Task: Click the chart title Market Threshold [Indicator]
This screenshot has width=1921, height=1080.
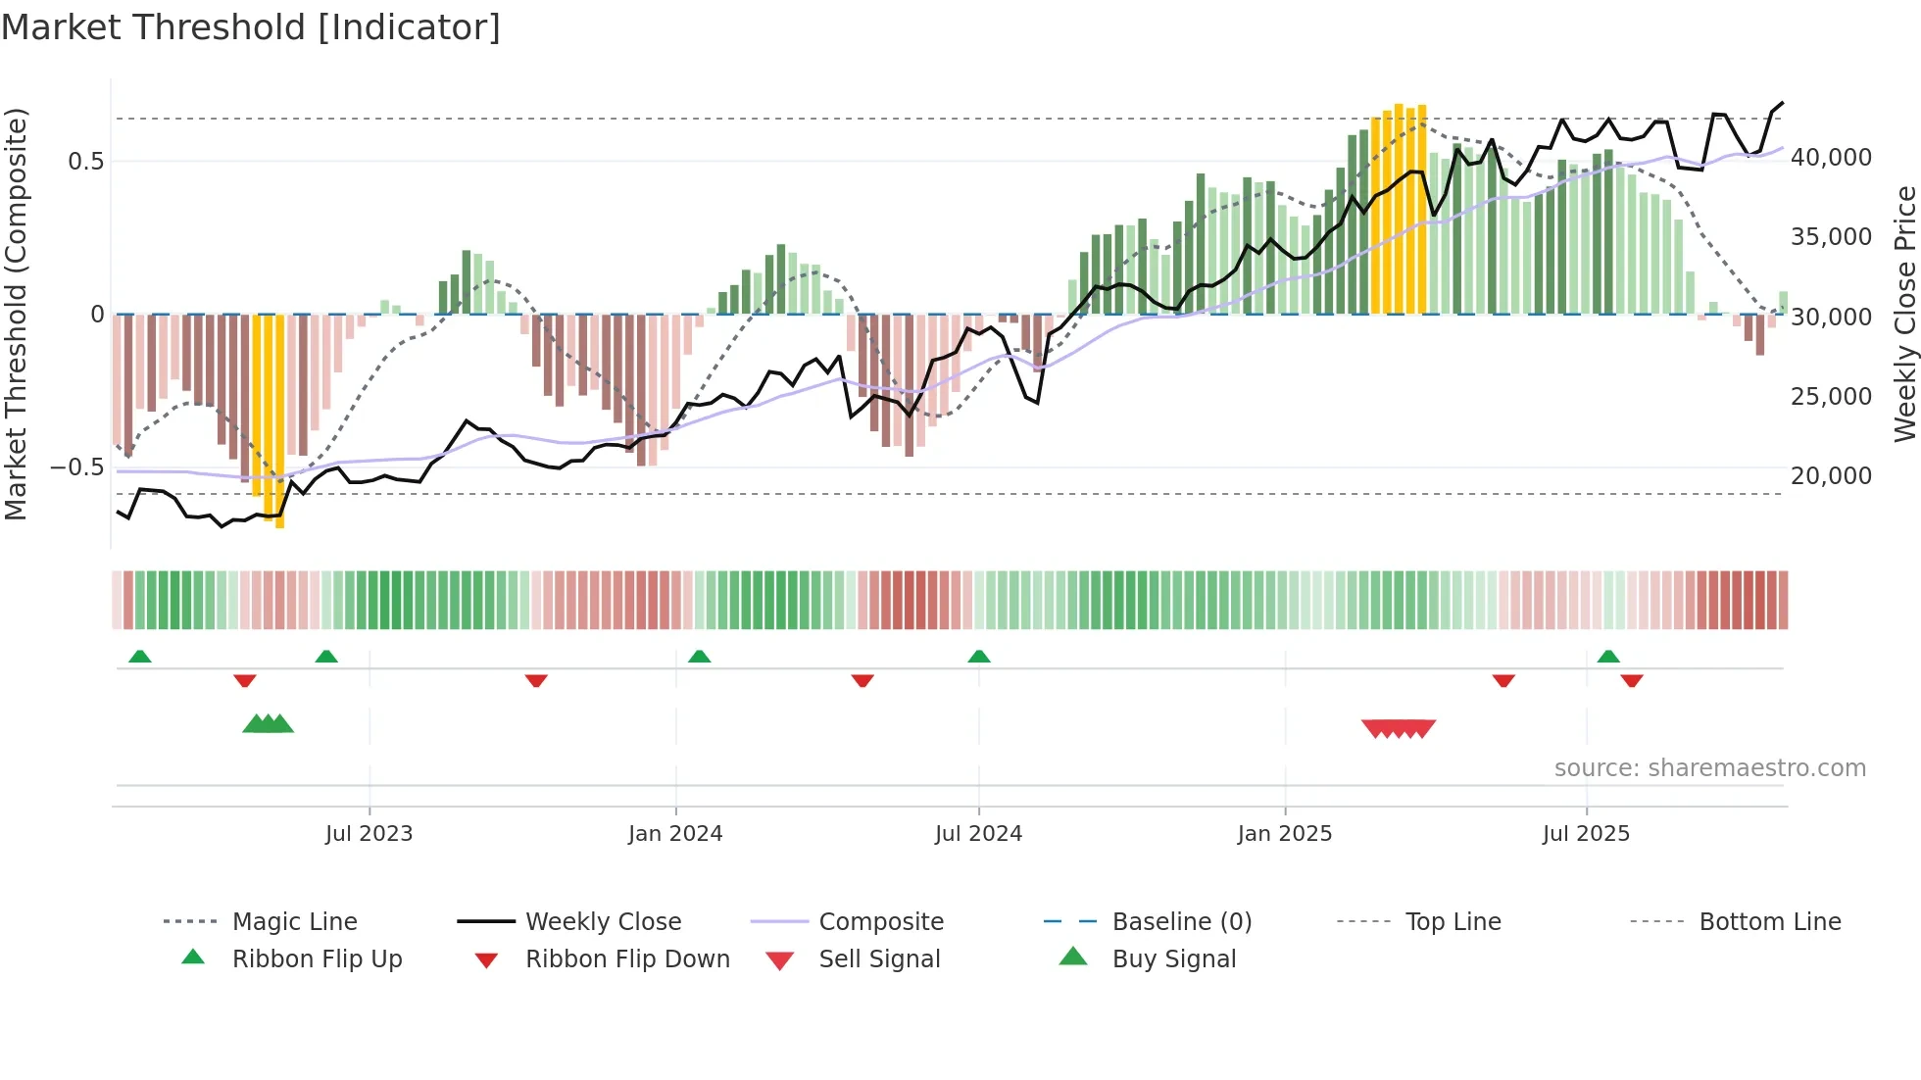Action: pyautogui.click(x=251, y=27)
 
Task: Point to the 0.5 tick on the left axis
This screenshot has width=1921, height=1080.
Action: pyautogui.click(x=85, y=162)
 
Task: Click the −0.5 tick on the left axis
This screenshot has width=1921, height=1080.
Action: pyautogui.click(x=77, y=467)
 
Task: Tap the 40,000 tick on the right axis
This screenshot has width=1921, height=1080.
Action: pyautogui.click(x=1831, y=158)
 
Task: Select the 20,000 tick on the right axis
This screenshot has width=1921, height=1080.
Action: pyautogui.click(x=1831, y=476)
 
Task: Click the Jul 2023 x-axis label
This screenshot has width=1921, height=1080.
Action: pyautogui.click(x=369, y=834)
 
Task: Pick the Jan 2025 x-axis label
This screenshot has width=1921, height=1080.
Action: pyautogui.click(x=1284, y=834)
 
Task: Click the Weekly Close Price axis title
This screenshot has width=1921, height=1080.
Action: pyautogui.click(x=1903, y=314)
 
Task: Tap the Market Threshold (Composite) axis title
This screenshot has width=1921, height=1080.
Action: pyautogui.click(x=16, y=314)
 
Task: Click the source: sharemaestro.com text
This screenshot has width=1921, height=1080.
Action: pyautogui.click(x=1709, y=768)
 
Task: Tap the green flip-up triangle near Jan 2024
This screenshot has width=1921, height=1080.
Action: pyautogui.click(x=699, y=657)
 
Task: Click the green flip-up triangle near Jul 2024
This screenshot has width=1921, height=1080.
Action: pyautogui.click(x=979, y=657)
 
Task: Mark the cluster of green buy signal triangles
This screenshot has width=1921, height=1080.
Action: pyautogui.click(x=268, y=724)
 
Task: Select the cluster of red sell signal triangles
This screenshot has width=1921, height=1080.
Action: pyautogui.click(x=1399, y=728)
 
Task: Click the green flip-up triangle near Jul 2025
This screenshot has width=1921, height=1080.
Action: pyautogui.click(x=1608, y=657)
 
